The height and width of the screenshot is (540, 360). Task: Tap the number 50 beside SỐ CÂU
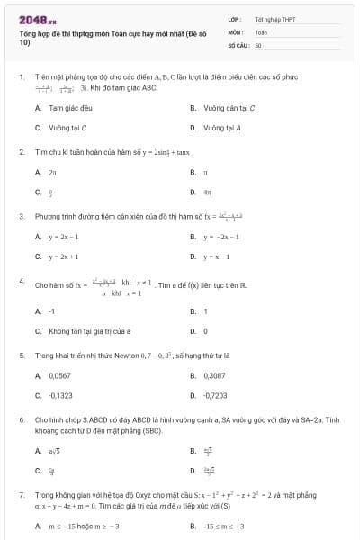pyautogui.click(x=258, y=44)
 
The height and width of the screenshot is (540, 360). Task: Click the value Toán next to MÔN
pyautogui.click(x=261, y=31)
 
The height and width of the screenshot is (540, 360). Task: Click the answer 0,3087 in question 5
pyautogui.click(x=214, y=375)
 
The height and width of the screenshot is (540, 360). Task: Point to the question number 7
pyautogui.click(x=21, y=494)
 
